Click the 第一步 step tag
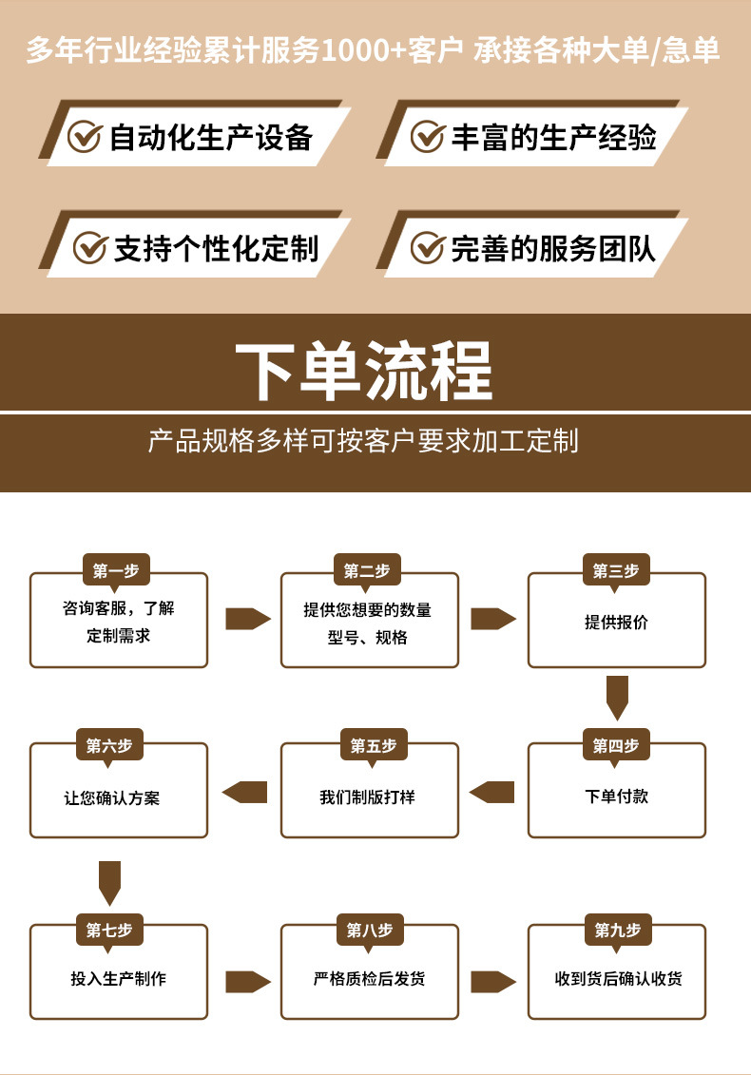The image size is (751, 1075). coord(116,570)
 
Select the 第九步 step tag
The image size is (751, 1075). coord(617,930)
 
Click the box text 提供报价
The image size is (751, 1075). coord(616,623)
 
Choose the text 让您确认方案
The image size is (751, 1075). coord(112,797)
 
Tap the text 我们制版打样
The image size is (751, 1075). coord(367,797)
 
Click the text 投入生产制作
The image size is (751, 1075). coord(118,978)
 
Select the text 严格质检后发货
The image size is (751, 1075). coord(369,978)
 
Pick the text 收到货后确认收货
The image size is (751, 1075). coord(618,978)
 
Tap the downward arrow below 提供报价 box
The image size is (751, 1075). coord(617,698)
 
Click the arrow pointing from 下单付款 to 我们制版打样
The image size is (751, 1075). coord(492,792)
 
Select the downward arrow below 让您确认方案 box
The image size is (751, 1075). coord(110,882)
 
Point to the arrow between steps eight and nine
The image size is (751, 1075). coord(492,981)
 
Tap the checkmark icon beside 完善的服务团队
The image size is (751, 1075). coord(428,248)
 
